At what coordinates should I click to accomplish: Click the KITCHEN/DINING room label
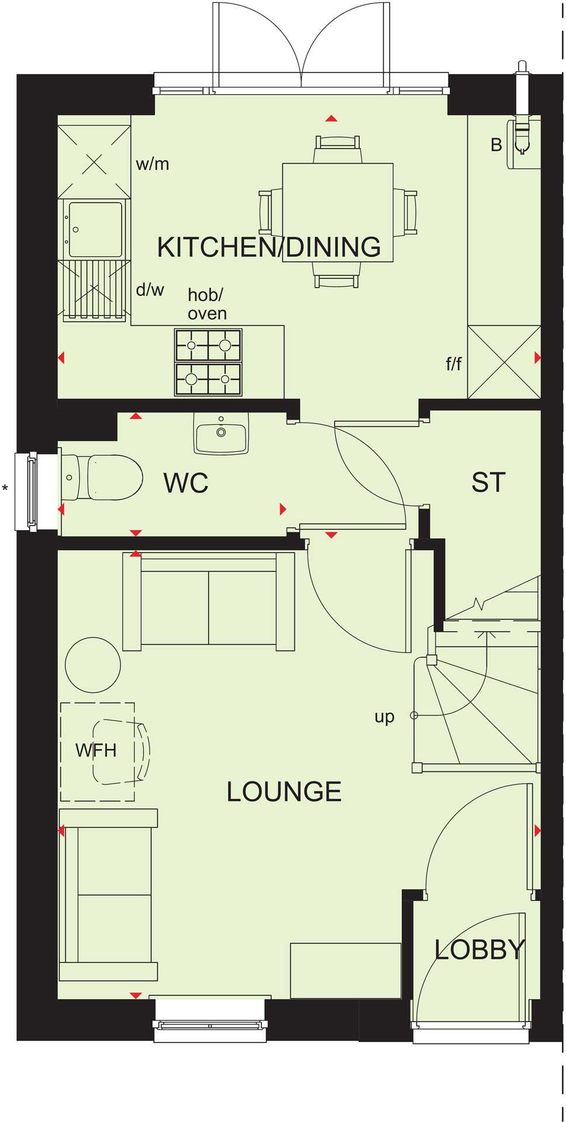(x=269, y=247)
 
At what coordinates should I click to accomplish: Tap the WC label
(x=186, y=483)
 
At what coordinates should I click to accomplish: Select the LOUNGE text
(x=284, y=792)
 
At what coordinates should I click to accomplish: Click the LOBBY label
(x=480, y=950)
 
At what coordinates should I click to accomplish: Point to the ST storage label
(x=488, y=483)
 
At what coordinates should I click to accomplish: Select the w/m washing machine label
(x=152, y=164)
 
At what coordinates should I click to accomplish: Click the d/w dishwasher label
(x=150, y=289)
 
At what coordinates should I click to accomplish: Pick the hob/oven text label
(x=207, y=304)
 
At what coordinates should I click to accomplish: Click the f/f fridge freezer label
(x=454, y=364)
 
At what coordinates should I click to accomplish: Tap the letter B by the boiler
(x=496, y=145)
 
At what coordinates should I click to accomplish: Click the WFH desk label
(x=96, y=750)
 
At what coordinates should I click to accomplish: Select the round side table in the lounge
(x=93, y=665)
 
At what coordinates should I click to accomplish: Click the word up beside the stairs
(x=384, y=716)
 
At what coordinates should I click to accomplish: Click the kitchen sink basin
(x=95, y=229)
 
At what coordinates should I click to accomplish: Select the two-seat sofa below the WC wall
(x=209, y=602)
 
